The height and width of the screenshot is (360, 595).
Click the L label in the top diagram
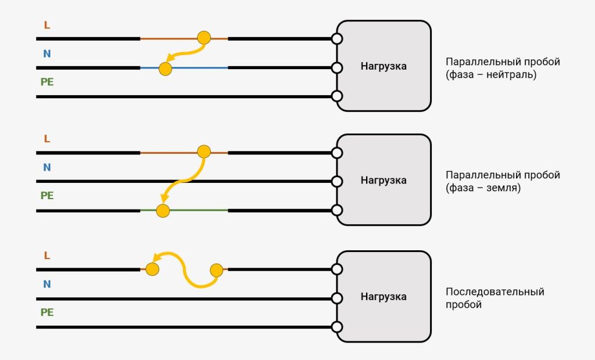tap(47, 25)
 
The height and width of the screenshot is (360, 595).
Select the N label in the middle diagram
tap(47, 167)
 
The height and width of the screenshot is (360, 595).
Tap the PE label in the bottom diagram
tap(47, 312)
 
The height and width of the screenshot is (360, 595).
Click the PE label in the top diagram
tap(47, 82)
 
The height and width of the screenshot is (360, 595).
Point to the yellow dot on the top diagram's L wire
tap(204, 38)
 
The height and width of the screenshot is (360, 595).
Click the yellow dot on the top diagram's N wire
tap(165, 69)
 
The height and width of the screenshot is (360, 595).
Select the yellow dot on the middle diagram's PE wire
tap(163, 211)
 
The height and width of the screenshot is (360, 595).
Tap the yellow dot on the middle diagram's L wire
tap(204, 152)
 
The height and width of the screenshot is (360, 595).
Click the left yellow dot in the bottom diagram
tap(152, 269)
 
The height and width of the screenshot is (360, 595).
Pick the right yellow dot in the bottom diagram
tap(216, 271)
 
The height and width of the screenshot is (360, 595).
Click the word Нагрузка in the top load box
tap(383, 66)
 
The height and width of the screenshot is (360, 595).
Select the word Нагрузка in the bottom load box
tap(383, 297)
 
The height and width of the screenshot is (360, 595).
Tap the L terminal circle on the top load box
tap(337, 39)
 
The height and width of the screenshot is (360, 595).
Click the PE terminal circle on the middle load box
tap(337, 210)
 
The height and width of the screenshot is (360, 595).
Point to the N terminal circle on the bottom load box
tap(337, 298)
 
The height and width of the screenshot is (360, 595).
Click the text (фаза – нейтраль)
tap(491, 74)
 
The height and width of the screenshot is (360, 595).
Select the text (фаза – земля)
tap(483, 188)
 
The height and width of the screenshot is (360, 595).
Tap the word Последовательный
tap(495, 291)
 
